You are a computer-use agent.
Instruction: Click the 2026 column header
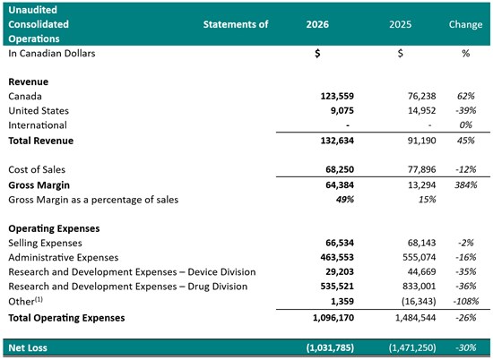click(317, 24)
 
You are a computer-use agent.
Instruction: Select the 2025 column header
click(400, 24)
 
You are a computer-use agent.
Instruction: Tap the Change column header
click(465, 24)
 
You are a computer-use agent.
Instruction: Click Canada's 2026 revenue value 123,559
click(337, 96)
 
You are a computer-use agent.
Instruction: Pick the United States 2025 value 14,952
click(421, 110)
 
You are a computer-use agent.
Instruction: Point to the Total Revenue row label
click(41, 141)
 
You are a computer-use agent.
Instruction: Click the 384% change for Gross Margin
click(465, 184)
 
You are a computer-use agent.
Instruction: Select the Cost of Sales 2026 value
click(340, 169)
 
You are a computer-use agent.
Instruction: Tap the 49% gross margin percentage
click(345, 200)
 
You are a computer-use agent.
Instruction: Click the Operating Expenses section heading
click(54, 228)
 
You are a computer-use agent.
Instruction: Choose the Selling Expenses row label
click(45, 243)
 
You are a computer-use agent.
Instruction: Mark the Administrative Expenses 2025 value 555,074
click(419, 257)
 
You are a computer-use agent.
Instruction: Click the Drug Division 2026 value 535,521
click(337, 287)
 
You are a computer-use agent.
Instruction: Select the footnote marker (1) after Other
click(39, 299)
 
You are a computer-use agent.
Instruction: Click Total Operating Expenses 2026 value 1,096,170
click(333, 318)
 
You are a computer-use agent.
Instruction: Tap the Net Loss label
click(28, 347)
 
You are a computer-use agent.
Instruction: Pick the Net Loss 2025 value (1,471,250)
click(412, 347)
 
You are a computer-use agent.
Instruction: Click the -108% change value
click(465, 301)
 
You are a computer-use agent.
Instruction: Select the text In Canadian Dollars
click(52, 54)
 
